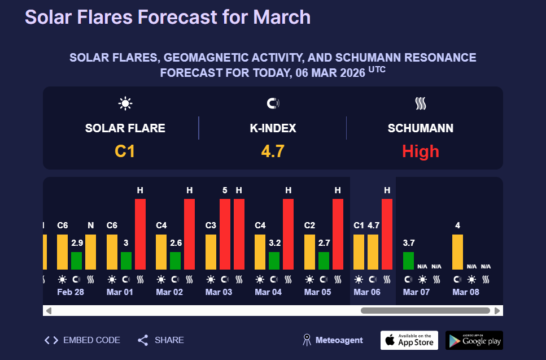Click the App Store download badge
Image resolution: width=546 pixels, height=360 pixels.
click(409, 340)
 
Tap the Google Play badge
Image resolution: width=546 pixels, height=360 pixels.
click(474, 340)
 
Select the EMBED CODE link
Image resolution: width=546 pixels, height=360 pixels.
click(82, 340)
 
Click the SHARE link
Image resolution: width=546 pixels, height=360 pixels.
click(161, 340)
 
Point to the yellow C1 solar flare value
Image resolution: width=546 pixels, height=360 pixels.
click(125, 151)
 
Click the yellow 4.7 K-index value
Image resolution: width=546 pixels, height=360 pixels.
click(272, 151)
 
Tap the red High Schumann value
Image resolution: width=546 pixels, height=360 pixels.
click(420, 151)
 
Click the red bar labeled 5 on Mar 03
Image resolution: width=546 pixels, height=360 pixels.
click(225, 234)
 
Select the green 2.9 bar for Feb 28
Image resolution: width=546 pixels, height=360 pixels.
click(76, 261)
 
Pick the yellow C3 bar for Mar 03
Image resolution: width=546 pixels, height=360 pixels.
click(211, 252)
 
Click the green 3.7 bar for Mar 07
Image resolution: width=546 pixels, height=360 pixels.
click(408, 261)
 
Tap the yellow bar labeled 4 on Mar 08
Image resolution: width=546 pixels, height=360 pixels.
click(457, 252)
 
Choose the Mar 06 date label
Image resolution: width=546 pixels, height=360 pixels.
click(367, 292)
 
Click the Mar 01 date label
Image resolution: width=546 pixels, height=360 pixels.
click(120, 292)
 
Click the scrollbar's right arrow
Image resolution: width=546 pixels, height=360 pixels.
click(497, 310)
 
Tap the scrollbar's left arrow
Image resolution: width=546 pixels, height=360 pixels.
click(49, 310)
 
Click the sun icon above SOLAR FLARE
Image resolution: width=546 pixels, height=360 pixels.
click(125, 103)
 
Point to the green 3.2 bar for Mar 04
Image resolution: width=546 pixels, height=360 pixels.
click(274, 261)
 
